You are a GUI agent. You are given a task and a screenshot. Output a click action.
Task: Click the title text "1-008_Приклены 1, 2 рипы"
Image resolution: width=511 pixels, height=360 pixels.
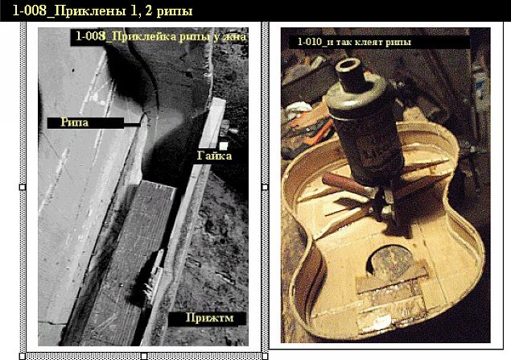click(97, 10)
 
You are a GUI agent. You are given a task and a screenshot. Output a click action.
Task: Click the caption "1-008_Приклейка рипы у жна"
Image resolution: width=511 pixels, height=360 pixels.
click(160, 37)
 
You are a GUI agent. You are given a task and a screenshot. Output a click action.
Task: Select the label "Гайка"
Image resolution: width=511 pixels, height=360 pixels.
click(215, 155)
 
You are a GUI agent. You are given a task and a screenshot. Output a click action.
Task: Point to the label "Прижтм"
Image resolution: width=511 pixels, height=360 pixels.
click(207, 318)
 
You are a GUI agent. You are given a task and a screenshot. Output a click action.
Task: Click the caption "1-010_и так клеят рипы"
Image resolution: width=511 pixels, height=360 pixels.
click(354, 41)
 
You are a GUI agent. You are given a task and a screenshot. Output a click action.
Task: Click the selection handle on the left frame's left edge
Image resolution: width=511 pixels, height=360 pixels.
click(22, 187)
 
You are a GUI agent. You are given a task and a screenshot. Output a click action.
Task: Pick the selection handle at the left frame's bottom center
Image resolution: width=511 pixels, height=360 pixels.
click(143, 355)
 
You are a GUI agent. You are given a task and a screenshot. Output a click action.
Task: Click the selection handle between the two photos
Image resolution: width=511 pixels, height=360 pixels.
click(264, 187)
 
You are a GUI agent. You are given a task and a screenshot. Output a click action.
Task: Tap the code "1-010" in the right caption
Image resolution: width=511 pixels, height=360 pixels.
click(312, 41)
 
